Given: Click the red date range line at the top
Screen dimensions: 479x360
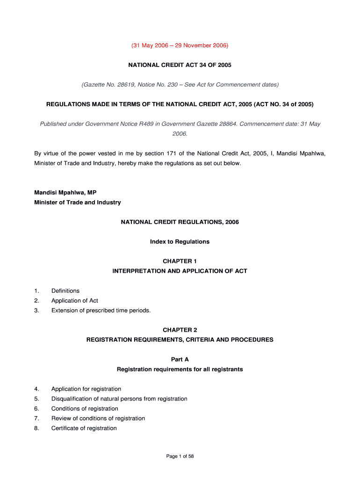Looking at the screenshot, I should coord(180,45).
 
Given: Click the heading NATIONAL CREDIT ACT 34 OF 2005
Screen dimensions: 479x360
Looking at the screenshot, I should coord(180,65).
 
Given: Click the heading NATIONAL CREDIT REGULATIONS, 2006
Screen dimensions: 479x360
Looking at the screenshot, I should coord(180,222).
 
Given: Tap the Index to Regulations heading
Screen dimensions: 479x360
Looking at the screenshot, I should coord(180,242).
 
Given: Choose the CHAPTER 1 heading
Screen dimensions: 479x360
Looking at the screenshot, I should coord(180,261).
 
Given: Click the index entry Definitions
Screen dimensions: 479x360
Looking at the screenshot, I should coord(65,291).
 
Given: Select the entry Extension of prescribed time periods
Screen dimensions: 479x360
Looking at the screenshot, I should coord(101,311).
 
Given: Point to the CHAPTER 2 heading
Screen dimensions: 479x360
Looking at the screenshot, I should coord(180,330).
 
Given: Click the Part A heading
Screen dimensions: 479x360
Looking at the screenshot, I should coord(180,359).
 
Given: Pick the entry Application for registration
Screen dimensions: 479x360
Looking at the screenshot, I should coord(86,389).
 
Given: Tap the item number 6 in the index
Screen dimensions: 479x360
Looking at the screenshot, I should coord(36,409).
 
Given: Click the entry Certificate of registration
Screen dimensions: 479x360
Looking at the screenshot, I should coord(84,428).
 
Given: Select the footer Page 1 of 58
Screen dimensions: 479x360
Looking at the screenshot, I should coord(180,457).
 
